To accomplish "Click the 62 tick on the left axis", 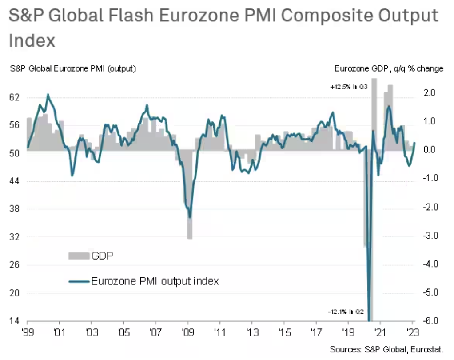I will click(x=15, y=97).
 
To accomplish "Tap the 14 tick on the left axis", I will click(x=15, y=321).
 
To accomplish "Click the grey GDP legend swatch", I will click(x=79, y=256).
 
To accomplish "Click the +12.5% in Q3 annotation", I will click(x=349, y=88).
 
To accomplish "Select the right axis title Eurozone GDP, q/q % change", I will click(x=389, y=68).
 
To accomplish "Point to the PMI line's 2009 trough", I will click(x=190, y=217).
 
